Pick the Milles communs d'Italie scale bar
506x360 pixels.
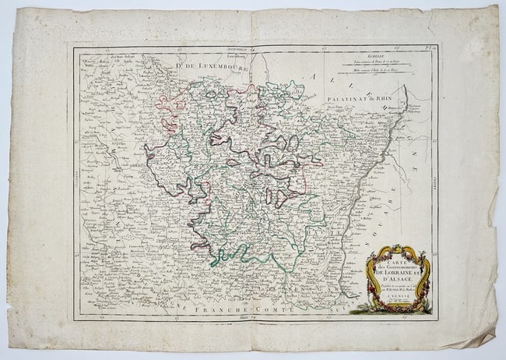pyautogui.click(x=378, y=79)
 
